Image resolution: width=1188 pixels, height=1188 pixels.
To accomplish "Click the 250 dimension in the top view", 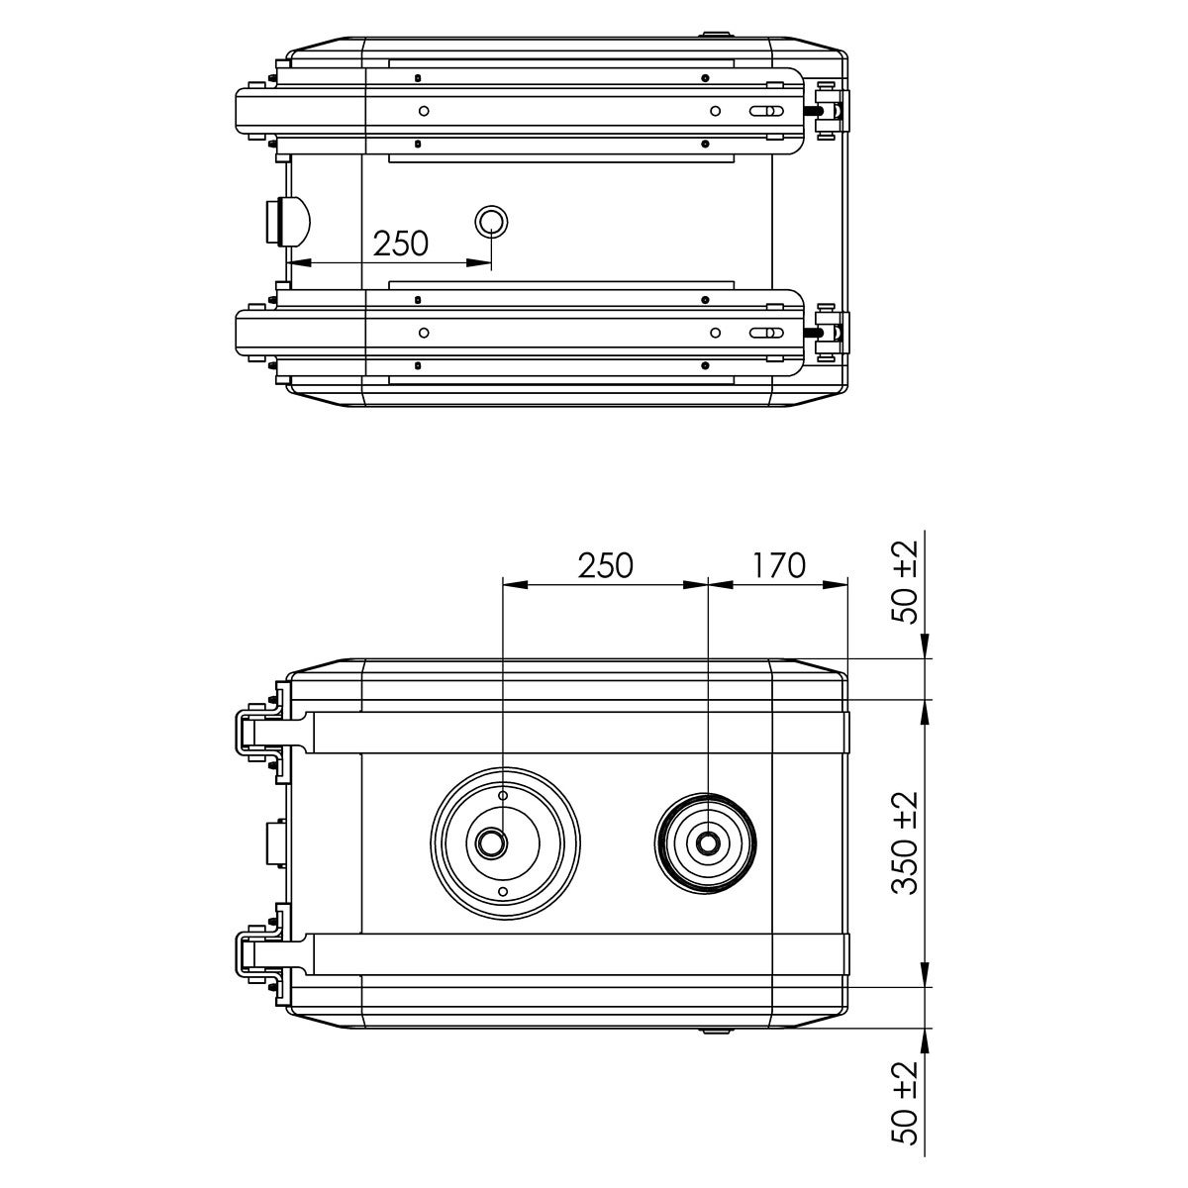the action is pos(401,244).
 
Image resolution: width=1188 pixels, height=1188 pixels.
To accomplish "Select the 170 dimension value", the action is pos(778,565).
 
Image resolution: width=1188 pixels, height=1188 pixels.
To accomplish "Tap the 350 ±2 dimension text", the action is pos(906,843).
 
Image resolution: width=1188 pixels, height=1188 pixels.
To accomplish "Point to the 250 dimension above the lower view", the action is pos(606,565).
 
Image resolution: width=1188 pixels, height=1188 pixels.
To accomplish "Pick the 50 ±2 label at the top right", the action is pos(906,582).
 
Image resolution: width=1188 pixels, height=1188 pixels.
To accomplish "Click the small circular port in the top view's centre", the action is pos(491,222).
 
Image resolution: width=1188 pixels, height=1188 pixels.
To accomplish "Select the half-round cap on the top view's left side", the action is pos(287,221).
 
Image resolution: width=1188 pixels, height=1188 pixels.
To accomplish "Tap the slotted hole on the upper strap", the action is pos(767,111).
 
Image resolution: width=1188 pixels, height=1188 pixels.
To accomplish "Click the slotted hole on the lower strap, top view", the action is pos(767,333).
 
